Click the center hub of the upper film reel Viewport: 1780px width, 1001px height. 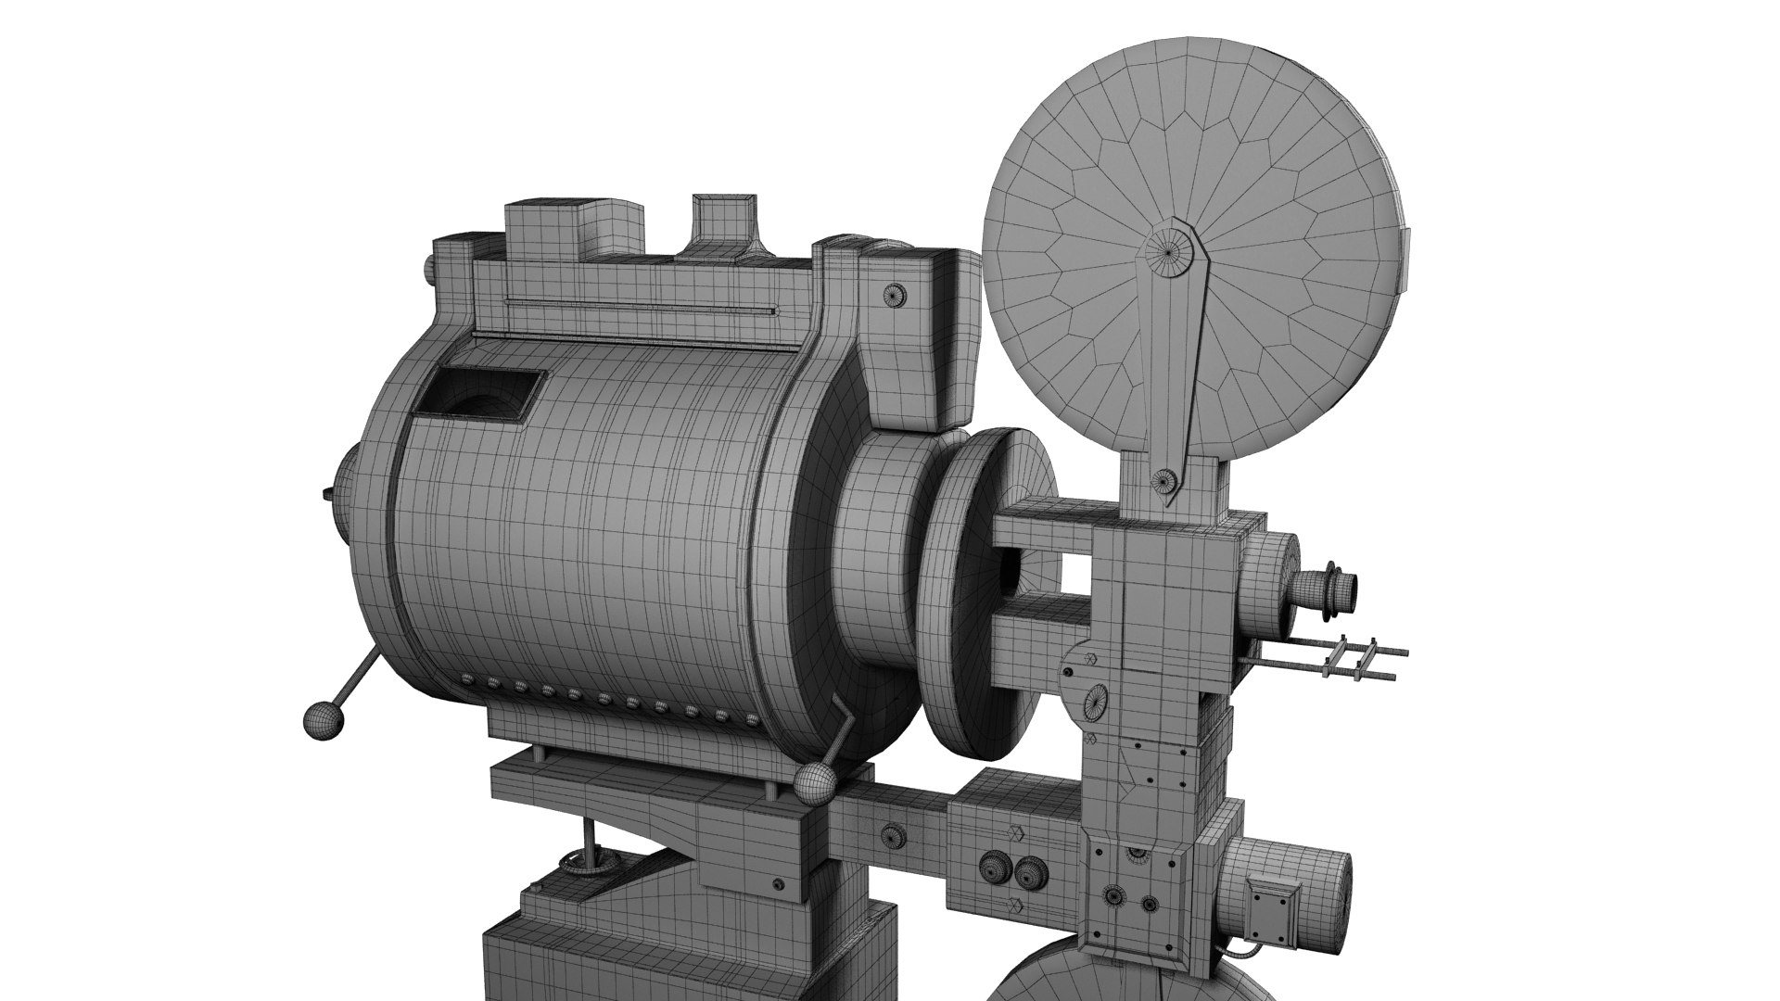click(1169, 248)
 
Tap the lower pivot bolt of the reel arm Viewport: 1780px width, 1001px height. click(1164, 479)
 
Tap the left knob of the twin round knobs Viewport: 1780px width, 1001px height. click(997, 868)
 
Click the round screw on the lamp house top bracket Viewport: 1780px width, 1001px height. click(897, 294)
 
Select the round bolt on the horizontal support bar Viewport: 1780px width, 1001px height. click(895, 834)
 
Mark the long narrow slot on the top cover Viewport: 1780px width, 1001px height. click(640, 309)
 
